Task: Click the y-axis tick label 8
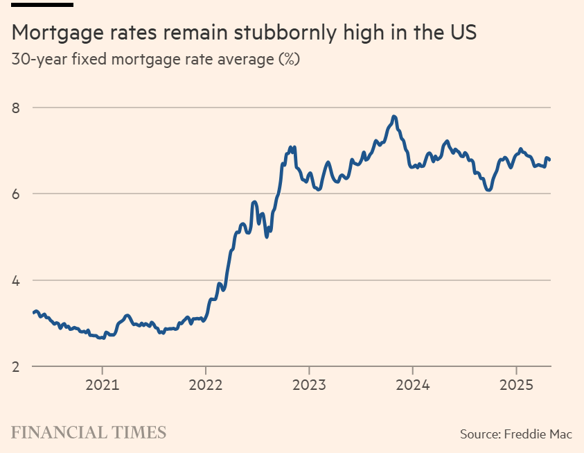(16, 108)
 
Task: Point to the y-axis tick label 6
(16, 194)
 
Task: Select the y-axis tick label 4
(16, 280)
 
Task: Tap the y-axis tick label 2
(16, 366)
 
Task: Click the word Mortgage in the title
(58, 33)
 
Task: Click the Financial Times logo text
(89, 433)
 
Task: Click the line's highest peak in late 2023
(394, 116)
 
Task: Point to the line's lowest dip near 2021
(101, 338)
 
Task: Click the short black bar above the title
(42, 4)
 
